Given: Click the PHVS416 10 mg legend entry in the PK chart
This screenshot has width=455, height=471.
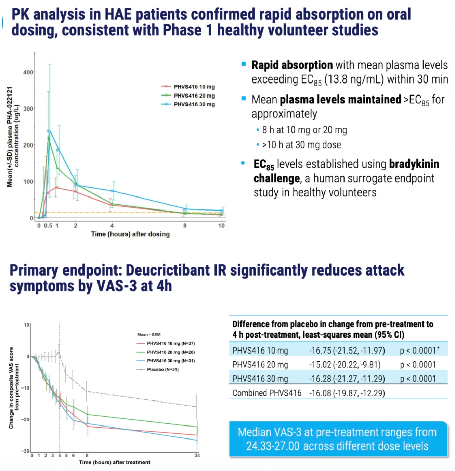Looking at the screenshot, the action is coord(188,87).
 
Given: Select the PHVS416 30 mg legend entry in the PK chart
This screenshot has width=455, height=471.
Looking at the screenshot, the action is coord(188,104).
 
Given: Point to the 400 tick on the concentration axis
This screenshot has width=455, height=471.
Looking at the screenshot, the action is coord(28,72).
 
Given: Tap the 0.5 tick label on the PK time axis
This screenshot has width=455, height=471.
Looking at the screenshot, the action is coord(48,226).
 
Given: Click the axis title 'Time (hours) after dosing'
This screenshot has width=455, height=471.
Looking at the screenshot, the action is coord(130,234).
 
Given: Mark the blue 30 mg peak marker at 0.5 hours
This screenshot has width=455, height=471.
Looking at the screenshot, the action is coord(48,131).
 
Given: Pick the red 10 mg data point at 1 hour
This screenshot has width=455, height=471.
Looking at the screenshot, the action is coord(57,187).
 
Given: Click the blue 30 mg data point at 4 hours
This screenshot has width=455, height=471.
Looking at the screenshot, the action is coord(113,191).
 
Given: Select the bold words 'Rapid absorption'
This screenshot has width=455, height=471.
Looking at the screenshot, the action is coord(292,65).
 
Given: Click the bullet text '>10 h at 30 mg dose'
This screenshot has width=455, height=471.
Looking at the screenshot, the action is coord(301,145).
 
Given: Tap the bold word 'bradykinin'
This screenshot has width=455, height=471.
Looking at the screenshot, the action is coord(414,164).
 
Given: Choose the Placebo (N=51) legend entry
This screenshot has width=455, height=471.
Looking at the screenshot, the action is coord(157,369).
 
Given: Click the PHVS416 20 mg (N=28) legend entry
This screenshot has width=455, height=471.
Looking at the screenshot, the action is coord(166,352).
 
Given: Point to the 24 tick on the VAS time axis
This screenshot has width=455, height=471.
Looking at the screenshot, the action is coord(197,455).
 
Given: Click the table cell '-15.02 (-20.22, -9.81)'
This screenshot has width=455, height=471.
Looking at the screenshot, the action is coord(345,365).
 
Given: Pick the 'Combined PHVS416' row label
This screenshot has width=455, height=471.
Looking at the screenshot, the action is coord(267,393).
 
